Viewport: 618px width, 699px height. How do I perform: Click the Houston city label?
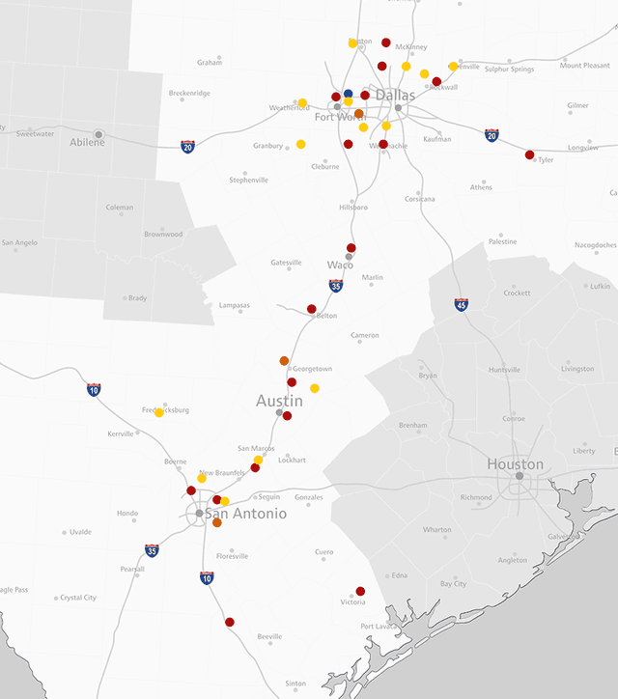(x=515, y=464)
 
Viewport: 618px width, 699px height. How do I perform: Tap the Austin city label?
(x=279, y=401)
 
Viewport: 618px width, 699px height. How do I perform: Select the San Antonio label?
(x=245, y=515)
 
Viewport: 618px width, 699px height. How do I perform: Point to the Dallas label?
(x=395, y=95)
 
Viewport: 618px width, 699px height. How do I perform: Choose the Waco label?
(x=340, y=265)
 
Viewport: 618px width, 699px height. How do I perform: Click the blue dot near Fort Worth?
(x=349, y=94)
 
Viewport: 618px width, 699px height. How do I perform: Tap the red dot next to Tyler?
(x=529, y=154)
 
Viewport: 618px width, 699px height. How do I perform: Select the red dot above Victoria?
(x=360, y=591)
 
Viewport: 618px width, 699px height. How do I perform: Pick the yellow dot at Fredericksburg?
(x=159, y=412)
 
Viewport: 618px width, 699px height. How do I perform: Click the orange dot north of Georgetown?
(x=284, y=361)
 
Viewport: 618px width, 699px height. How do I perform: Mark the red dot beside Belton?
(x=311, y=309)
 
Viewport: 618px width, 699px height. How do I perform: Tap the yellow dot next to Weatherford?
(x=302, y=102)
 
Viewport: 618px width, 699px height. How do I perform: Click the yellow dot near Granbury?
(x=300, y=144)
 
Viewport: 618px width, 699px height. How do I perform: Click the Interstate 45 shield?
(x=462, y=304)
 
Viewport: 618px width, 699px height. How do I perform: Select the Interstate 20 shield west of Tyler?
(x=492, y=135)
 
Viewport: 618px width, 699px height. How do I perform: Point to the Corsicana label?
(x=420, y=199)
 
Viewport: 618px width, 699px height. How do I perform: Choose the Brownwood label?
(x=163, y=235)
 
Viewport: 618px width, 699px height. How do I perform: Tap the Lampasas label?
(x=234, y=305)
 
